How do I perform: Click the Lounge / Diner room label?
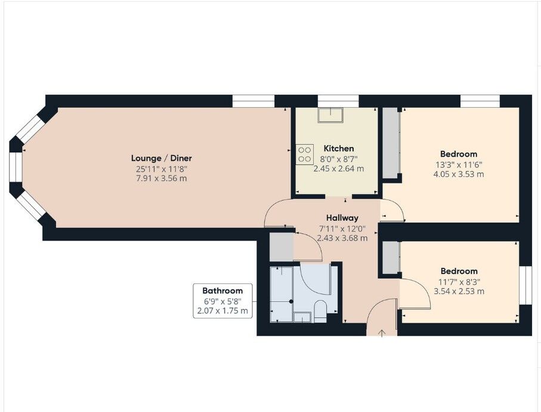(162, 158)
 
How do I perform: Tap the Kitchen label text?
(339, 148)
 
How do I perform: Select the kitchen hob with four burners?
(304, 154)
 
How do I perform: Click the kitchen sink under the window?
(330, 115)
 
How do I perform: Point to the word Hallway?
(342, 218)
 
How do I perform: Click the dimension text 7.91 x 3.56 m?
(162, 178)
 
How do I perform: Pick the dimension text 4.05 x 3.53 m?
(459, 174)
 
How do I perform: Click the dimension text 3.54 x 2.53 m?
(459, 291)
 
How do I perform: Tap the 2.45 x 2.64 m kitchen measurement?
(339, 168)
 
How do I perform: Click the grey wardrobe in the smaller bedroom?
(391, 258)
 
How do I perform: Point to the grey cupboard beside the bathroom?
(281, 247)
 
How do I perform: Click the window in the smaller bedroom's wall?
(525, 285)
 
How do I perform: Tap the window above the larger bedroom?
(480, 101)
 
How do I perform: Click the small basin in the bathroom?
(302, 316)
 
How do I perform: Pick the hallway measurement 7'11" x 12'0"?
(342, 228)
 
